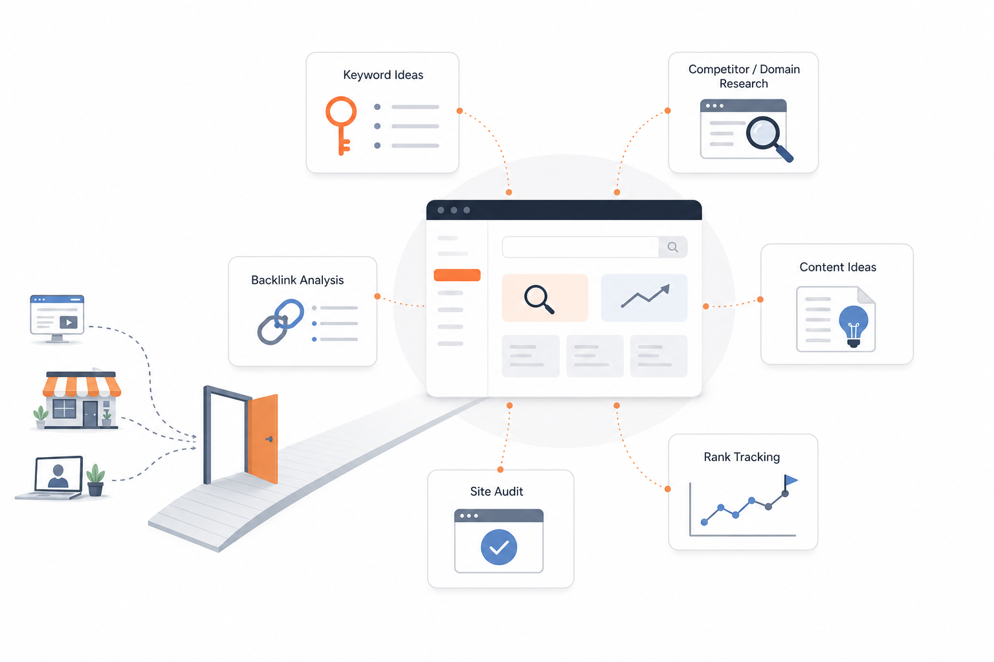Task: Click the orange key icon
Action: [x=341, y=111]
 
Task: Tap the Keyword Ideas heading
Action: [x=383, y=75]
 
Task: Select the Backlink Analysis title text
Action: [x=297, y=280]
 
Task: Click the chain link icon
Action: [x=280, y=321]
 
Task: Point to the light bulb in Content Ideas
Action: [x=854, y=326]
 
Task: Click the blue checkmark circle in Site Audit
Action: [x=499, y=547]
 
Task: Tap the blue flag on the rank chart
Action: [x=791, y=480]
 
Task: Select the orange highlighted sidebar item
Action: [x=457, y=275]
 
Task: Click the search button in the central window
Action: [x=673, y=247]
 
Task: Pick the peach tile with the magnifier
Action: [x=545, y=298]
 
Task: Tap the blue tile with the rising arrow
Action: [x=644, y=298]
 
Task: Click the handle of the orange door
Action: [x=269, y=439]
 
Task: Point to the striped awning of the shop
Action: [x=82, y=386]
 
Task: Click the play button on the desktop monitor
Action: [x=69, y=323]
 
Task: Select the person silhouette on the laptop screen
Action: [x=58, y=476]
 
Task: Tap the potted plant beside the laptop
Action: [x=95, y=480]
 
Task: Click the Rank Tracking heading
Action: [x=742, y=457]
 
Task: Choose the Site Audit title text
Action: [x=496, y=491]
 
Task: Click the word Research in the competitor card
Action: [x=744, y=84]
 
